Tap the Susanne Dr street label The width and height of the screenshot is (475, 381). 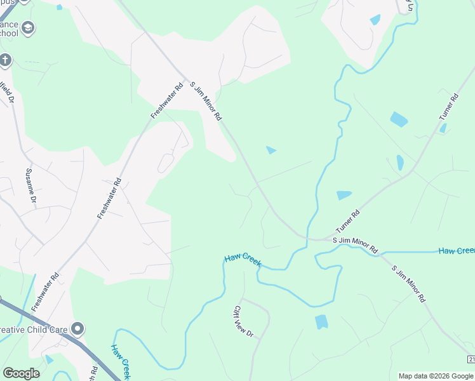pos(30,185)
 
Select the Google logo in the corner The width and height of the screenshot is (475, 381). pos(21,373)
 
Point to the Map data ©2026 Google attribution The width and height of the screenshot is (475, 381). pos(436,376)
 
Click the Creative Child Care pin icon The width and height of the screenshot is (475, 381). pos(77,328)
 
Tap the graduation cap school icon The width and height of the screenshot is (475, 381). pos(27,27)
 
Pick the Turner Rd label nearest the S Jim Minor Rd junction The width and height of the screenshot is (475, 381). pos(347,221)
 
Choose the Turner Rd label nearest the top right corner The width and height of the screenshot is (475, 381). pos(448,108)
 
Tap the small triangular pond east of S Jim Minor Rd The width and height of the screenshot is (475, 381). pos(271,150)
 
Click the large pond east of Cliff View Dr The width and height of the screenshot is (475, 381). pos(321,322)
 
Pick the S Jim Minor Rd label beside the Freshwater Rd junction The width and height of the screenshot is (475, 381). pos(206,100)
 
